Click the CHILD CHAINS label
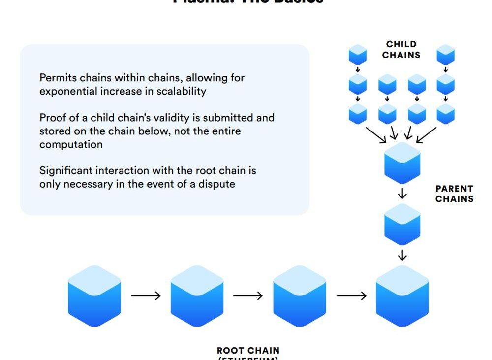(401, 50)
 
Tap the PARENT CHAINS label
(454, 194)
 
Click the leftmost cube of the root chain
(94, 296)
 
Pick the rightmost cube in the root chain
(402, 296)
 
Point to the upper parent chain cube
(402, 163)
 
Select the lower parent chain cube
(402, 224)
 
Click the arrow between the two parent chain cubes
(402, 194)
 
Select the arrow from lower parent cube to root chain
(402, 255)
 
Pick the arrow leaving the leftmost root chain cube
(146, 295)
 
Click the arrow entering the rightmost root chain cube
(351, 295)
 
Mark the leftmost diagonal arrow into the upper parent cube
(376, 134)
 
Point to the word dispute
(218, 184)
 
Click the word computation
(71, 144)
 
